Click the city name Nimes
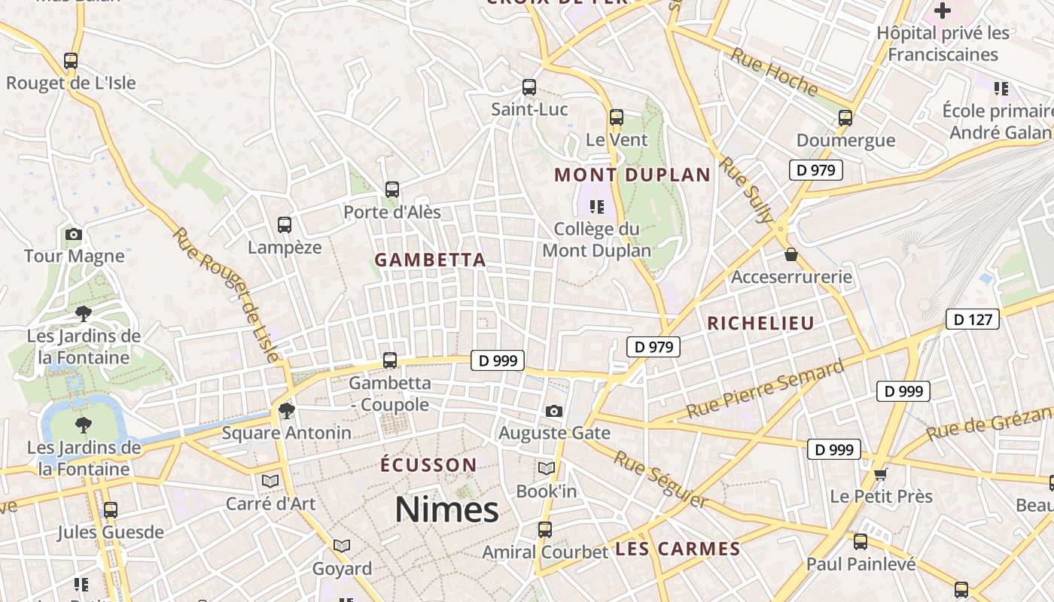446,509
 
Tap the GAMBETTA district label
430,260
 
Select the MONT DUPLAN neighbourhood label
632,175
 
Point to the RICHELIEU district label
760,324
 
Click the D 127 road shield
972,320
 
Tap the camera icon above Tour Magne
74,234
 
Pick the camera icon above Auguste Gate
554,411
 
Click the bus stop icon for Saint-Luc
529,87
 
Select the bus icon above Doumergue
845,118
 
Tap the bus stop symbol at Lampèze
285,224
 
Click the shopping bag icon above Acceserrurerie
791,255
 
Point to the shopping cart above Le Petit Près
881,474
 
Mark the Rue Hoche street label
774,72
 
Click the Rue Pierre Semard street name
765,390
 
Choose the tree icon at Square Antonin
286,410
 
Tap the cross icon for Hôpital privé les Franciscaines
942,11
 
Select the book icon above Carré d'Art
270,481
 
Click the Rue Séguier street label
661,479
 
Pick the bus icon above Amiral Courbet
545,530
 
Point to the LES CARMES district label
678,549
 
